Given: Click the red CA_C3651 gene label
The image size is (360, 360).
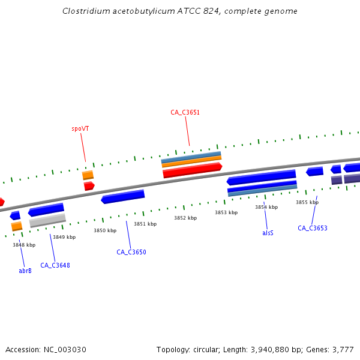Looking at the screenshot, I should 185,112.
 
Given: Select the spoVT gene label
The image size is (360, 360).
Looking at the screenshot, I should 80,128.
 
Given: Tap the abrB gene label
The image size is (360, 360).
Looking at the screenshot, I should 25,271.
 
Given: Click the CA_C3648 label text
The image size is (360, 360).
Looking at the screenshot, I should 55,265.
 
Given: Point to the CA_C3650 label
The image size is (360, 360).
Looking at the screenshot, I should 131,252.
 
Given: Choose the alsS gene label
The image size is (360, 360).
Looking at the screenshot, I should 268,232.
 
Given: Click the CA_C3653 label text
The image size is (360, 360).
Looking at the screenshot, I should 313,228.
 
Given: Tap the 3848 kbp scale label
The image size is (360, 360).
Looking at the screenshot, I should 24,245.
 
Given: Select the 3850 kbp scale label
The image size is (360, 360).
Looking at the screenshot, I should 104,230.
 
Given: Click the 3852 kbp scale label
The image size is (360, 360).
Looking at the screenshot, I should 185,218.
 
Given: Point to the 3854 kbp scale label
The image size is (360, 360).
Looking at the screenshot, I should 266,207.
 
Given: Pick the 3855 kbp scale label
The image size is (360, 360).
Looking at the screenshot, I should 307,202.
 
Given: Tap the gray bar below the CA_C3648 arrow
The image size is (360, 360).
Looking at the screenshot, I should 47,220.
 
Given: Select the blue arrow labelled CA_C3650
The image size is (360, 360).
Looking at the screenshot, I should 123,197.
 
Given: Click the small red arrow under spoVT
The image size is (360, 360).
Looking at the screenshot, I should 89,186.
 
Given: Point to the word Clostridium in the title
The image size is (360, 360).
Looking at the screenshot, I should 84,11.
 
